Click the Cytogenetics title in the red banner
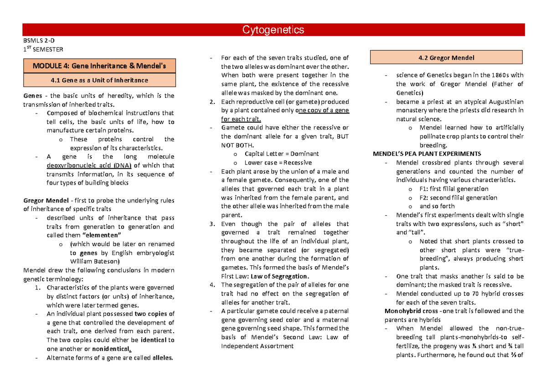point(273,30)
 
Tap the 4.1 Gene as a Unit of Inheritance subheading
point(99,80)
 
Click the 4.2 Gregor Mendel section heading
point(446,58)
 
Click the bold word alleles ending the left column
point(162,357)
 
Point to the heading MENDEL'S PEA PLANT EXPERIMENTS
point(427,154)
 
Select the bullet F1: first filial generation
point(454,189)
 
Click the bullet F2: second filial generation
point(458,197)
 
